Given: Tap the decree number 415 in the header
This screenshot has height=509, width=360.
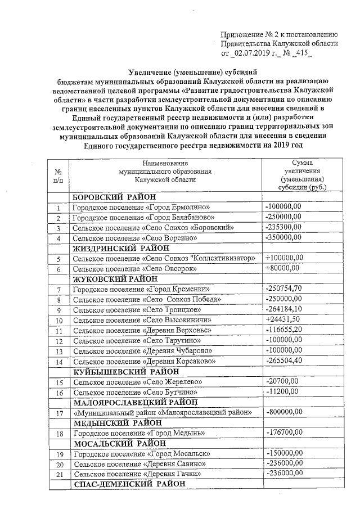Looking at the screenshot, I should click(x=301, y=53).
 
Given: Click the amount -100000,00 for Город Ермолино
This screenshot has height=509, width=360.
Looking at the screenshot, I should click(x=283, y=207).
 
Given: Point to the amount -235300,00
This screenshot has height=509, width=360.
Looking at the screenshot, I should click(x=283, y=227).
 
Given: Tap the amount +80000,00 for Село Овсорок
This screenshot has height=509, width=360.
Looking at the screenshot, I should click(x=282, y=268).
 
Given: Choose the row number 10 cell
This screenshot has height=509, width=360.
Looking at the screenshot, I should click(x=58, y=320).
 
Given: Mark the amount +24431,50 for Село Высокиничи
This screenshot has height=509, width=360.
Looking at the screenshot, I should click(x=283, y=319).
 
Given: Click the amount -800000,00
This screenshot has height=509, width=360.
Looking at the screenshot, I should click(x=283, y=412).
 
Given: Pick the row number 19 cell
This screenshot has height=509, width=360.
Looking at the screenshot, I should click(x=58, y=454).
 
